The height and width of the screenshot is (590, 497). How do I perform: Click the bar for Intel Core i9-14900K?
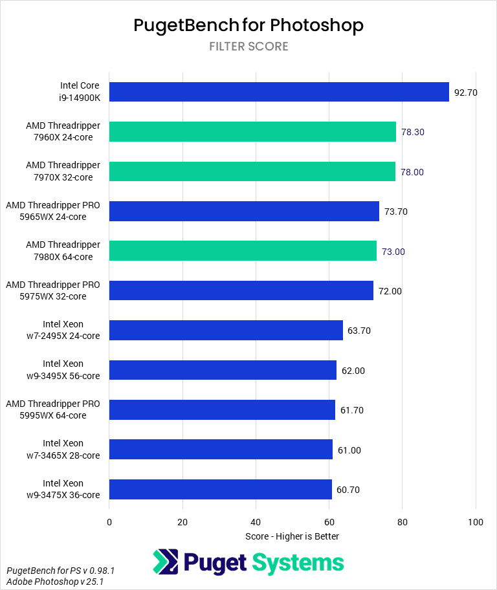(279, 92)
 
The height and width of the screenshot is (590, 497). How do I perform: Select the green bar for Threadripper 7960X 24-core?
(252, 132)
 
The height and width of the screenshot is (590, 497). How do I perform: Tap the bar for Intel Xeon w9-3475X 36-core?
(221, 490)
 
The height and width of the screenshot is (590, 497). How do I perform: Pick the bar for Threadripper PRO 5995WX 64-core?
(222, 410)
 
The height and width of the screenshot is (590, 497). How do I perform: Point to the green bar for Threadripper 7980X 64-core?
(243, 251)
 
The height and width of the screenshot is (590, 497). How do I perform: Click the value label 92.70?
(466, 93)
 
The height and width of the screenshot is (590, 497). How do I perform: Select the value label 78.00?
(412, 172)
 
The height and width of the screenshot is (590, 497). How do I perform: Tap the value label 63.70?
(359, 331)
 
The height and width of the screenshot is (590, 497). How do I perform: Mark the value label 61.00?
(349, 450)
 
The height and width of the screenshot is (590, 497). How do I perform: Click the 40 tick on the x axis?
(256, 522)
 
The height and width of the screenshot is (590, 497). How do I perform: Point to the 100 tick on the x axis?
(476, 522)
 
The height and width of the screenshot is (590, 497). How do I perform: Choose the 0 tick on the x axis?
(109, 522)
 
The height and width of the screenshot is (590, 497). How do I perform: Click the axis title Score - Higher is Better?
(293, 536)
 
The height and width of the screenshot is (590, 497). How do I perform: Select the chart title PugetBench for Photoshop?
(248, 25)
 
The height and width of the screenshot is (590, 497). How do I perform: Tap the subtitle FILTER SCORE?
(248, 47)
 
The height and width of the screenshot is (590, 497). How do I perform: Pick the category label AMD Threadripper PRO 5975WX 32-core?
(53, 290)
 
